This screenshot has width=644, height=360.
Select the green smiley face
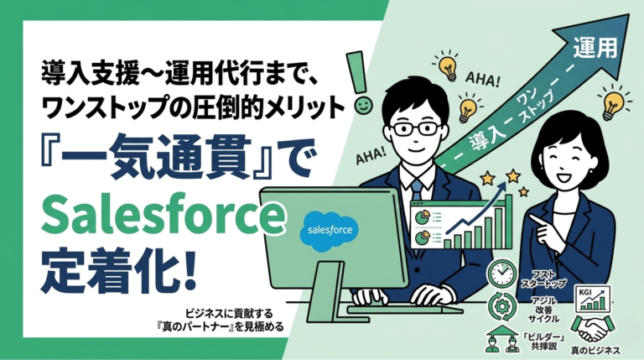point(361,107)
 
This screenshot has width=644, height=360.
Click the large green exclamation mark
point(361,71)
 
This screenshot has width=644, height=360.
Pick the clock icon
point(501,273)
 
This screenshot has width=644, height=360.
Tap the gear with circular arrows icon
point(501,305)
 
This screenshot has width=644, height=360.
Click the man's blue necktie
point(417,190)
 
